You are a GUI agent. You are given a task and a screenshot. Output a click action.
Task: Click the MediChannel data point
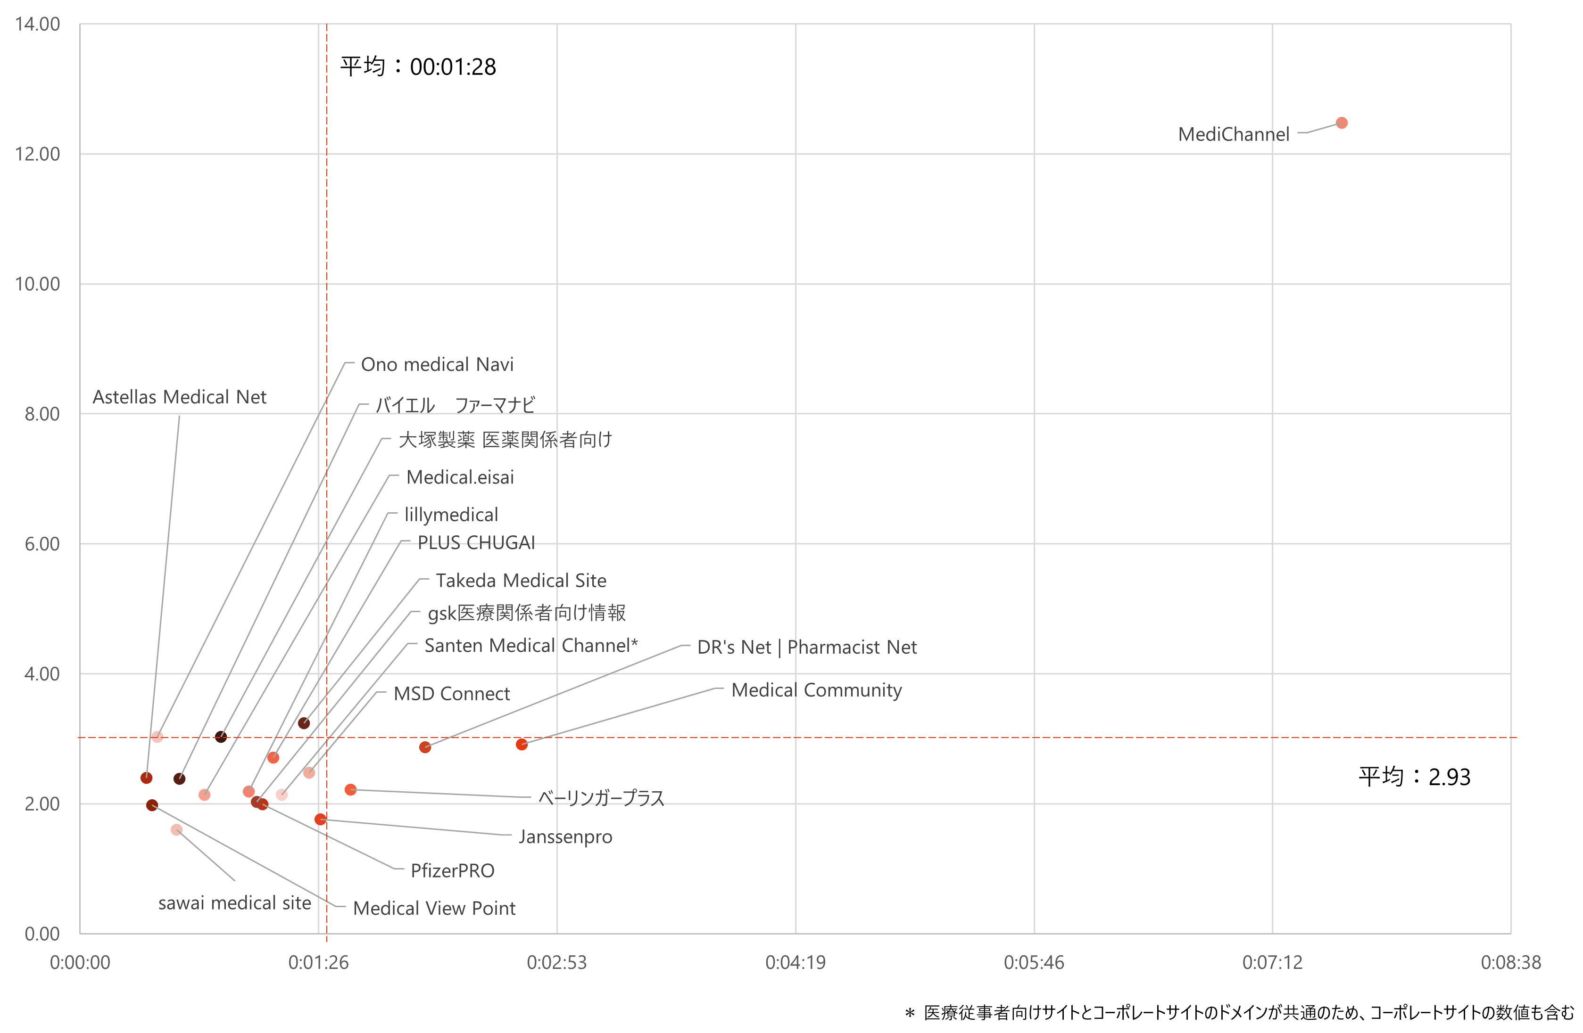(x=1342, y=123)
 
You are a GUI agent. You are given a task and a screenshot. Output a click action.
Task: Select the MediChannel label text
(x=1233, y=134)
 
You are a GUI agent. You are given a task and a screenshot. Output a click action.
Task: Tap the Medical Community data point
(x=522, y=745)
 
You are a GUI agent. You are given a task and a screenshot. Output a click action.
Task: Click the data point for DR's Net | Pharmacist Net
(x=425, y=747)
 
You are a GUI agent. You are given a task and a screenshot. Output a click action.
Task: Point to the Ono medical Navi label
(x=437, y=364)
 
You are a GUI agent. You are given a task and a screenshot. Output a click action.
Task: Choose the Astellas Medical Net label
(x=179, y=397)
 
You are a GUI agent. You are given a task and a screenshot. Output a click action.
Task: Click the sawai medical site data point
(x=176, y=829)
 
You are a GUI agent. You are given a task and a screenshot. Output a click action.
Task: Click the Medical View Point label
(x=434, y=908)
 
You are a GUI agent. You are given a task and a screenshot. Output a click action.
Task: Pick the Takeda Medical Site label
(x=521, y=580)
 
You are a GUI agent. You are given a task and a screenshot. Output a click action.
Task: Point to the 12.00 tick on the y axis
(x=37, y=154)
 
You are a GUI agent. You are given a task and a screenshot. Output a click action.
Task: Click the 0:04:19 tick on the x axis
(x=795, y=962)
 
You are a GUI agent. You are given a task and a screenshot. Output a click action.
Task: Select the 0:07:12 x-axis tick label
(x=1272, y=962)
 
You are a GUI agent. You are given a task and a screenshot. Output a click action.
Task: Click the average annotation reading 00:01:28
(x=418, y=66)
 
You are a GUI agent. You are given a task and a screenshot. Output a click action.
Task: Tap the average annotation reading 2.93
(x=1414, y=777)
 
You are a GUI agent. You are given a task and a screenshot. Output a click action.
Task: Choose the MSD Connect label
(x=452, y=693)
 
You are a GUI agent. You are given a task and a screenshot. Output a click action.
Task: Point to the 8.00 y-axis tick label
(x=42, y=413)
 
